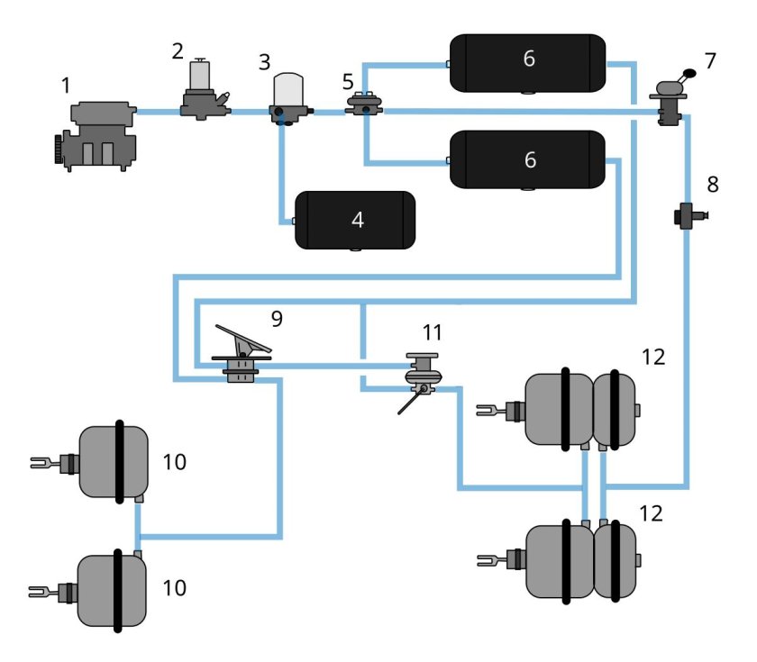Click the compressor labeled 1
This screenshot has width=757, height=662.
(95, 134)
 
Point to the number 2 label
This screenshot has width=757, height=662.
(178, 50)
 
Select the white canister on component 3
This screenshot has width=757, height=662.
(290, 88)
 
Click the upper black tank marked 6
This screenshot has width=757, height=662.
(527, 61)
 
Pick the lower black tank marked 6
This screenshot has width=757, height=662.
(527, 159)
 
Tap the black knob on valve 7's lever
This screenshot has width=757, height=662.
(690, 74)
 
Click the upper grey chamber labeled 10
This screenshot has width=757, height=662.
(114, 460)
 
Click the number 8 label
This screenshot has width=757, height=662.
(712, 185)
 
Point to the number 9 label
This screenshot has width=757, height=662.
(276, 318)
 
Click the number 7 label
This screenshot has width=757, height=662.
(710, 61)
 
